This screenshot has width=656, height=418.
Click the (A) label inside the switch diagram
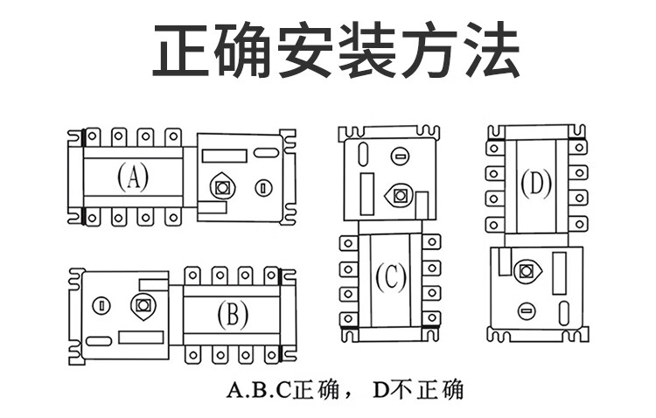pyautogui.click(x=133, y=178)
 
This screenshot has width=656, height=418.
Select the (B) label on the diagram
pyautogui.click(x=232, y=314)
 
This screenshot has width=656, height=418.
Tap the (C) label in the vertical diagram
pyautogui.click(x=391, y=278)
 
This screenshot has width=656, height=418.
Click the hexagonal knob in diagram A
pyautogui.click(x=222, y=186)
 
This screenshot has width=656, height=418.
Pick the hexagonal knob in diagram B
pyautogui.click(x=143, y=305)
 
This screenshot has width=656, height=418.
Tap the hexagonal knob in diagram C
pyautogui.click(x=401, y=194)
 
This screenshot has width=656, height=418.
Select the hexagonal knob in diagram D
pyautogui.click(x=527, y=270)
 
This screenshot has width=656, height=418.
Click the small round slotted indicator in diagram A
pyautogui.click(x=262, y=187)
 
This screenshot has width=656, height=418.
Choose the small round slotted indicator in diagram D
pyautogui.click(x=527, y=309)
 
